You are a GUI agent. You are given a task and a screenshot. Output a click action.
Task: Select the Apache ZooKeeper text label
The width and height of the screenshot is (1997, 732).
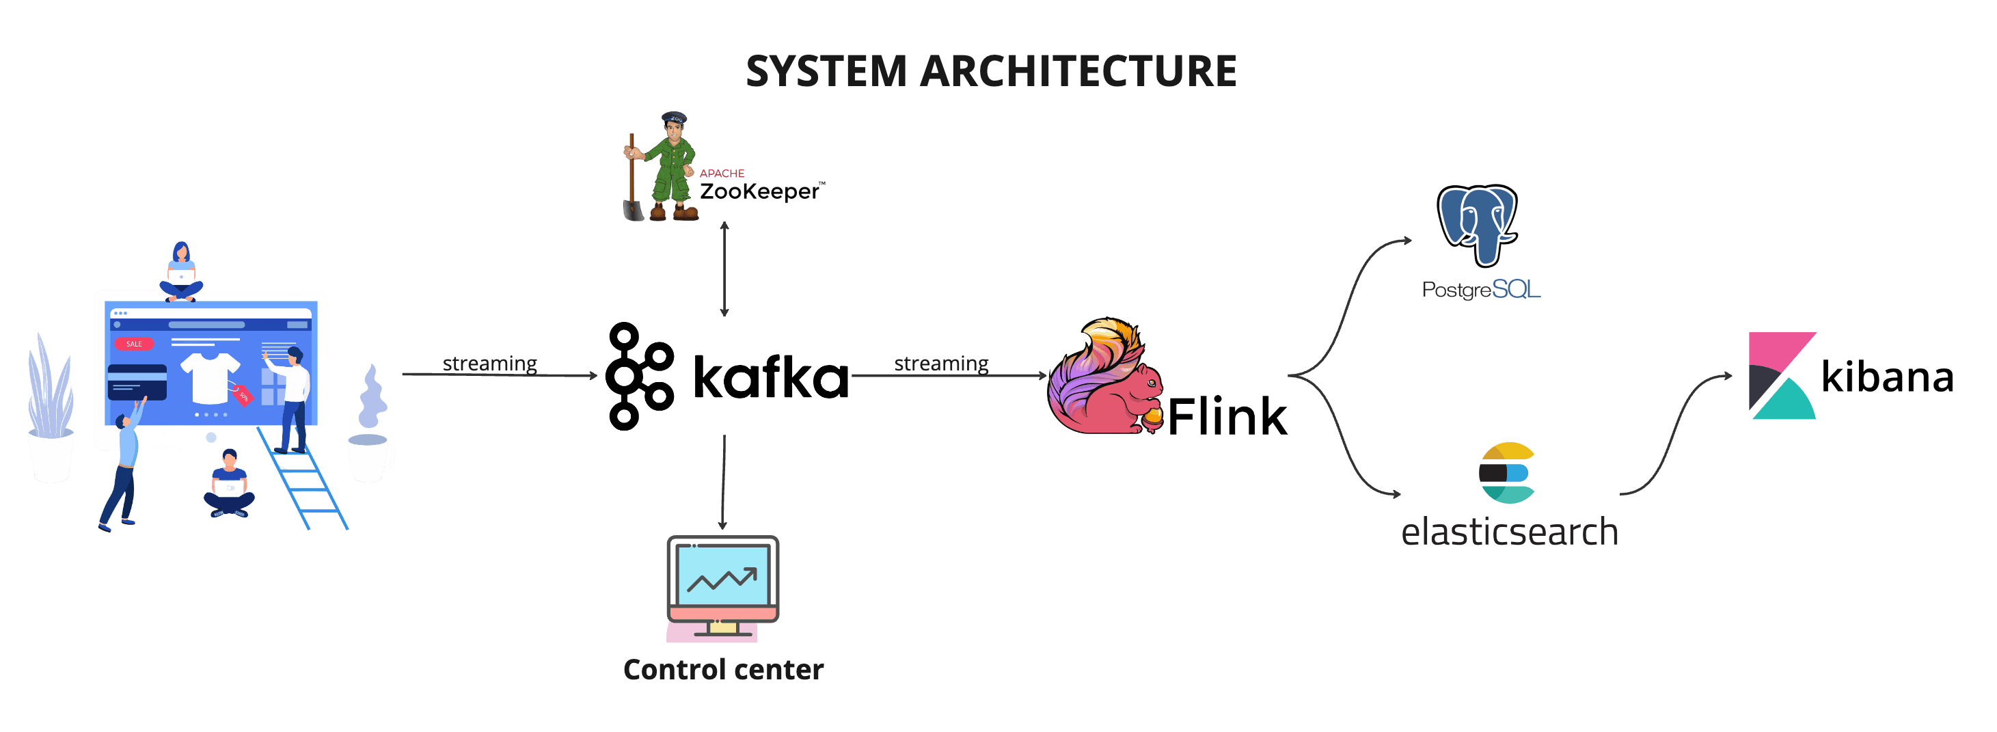[x=760, y=186]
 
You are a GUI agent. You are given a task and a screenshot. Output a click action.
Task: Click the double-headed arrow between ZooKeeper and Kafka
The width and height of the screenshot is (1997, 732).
[x=724, y=269]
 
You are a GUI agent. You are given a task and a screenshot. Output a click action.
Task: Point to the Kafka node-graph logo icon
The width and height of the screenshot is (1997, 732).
[x=639, y=376]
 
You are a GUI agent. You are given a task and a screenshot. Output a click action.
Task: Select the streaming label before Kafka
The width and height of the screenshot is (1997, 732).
[x=489, y=363]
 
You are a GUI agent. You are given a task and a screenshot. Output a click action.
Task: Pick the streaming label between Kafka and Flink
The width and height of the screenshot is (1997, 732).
[x=940, y=363]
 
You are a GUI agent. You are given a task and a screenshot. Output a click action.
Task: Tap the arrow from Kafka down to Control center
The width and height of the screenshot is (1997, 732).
[x=723, y=480]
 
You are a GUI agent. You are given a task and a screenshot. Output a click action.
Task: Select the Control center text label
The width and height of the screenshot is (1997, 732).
[x=722, y=669]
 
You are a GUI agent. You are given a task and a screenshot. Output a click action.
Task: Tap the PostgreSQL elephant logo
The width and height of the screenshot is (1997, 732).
[x=1477, y=224]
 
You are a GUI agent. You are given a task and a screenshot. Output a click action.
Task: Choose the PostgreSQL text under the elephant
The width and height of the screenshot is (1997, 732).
[x=1481, y=289]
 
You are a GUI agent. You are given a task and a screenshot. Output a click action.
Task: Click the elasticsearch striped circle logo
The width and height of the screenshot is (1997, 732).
[x=1506, y=472]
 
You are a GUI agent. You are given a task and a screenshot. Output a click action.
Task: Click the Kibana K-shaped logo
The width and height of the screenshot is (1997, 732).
[x=1782, y=376]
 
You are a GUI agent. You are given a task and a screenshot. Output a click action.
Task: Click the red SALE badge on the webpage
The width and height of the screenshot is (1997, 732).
[x=134, y=344]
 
